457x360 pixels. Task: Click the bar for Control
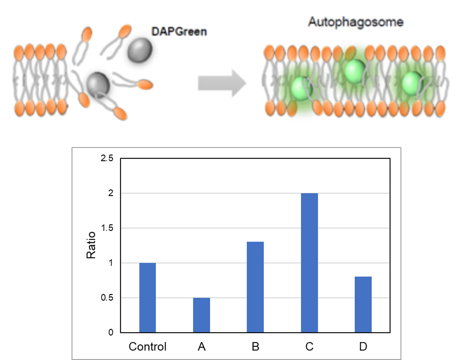pyautogui.click(x=147, y=298)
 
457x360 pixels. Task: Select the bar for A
pyautogui.click(x=201, y=315)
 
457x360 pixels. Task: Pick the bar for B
pyautogui.click(x=255, y=287)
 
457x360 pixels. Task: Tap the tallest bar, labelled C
pyautogui.click(x=310, y=263)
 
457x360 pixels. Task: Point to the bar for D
pyautogui.click(x=363, y=304)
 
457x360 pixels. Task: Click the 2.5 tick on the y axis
pyautogui.click(x=107, y=158)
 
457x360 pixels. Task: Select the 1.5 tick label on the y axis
pyautogui.click(x=107, y=228)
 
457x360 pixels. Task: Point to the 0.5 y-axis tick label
pyautogui.click(x=107, y=298)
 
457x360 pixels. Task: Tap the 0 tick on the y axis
pyautogui.click(x=111, y=332)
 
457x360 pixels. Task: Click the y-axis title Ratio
pyautogui.click(x=91, y=245)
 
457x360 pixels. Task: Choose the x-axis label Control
pyautogui.click(x=147, y=347)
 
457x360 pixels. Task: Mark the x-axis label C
pyautogui.click(x=310, y=347)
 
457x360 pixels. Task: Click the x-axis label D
pyautogui.click(x=363, y=347)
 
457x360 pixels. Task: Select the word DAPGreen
pyautogui.click(x=179, y=32)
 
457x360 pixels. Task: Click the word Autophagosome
pyautogui.click(x=356, y=22)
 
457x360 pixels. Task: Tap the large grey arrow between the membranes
pyautogui.click(x=222, y=83)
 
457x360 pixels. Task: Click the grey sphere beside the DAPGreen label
pyautogui.click(x=140, y=50)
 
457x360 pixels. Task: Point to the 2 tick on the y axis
pyautogui.click(x=111, y=193)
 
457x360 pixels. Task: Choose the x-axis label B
pyautogui.click(x=255, y=347)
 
